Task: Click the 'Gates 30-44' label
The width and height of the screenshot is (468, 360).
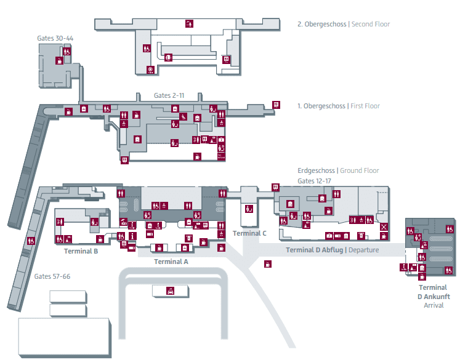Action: (55, 38)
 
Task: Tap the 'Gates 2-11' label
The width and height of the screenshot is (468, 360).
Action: (169, 95)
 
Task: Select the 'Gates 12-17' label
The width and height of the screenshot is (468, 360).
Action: (314, 181)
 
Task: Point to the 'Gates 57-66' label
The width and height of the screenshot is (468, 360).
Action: (52, 276)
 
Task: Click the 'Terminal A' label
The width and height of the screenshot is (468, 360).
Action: (171, 262)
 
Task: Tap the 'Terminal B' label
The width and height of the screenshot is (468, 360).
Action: (81, 251)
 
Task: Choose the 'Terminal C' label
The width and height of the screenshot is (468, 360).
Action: (249, 233)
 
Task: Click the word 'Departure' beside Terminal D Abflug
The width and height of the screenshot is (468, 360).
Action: (363, 250)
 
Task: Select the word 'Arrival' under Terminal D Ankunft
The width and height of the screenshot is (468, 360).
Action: (434, 305)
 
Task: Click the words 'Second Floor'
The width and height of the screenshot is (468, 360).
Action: (371, 24)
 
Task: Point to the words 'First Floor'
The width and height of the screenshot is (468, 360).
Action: (365, 106)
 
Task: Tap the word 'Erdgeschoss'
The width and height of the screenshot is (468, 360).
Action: (316, 170)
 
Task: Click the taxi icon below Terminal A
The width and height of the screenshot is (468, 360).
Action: (171, 291)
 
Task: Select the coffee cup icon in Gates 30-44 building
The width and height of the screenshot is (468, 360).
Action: (59, 60)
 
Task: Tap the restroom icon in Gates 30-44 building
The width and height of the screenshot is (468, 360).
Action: (67, 51)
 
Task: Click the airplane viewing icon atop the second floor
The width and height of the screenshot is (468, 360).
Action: (189, 23)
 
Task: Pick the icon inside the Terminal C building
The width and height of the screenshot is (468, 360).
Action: (249, 209)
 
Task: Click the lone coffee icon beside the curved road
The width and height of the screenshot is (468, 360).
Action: (268, 264)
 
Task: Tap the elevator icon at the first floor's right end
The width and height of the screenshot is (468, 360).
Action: (276, 105)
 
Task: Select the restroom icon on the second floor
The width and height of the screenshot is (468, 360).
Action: (147, 49)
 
